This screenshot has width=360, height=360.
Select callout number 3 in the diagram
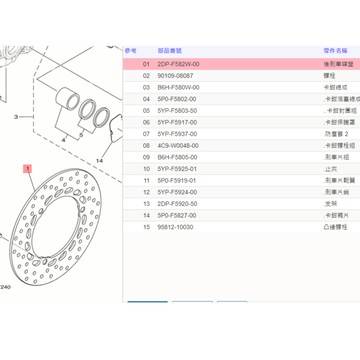coord(16,118)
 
